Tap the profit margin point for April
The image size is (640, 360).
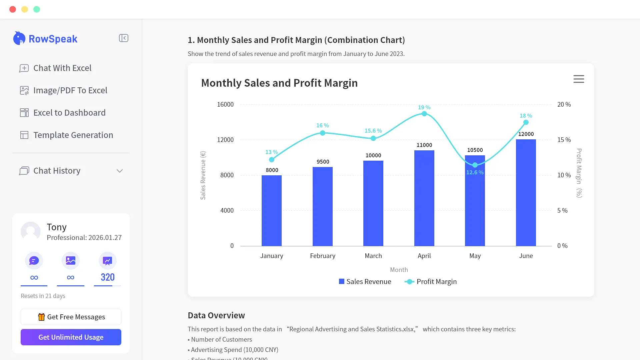[424, 114]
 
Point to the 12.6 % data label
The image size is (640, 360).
[475, 172]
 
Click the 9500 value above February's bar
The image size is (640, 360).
[323, 162]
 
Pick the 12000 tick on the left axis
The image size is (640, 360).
[225, 140]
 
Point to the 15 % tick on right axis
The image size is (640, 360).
[564, 140]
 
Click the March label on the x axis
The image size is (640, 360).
[373, 256]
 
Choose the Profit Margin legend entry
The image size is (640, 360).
[431, 282]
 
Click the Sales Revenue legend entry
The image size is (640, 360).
[365, 282]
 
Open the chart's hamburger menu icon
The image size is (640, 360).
[579, 79]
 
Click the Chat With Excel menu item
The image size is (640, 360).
[62, 68]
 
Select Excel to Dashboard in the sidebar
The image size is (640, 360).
[69, 113]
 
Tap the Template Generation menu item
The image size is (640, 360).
[73, 135]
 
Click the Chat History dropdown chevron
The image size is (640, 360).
[120, 171]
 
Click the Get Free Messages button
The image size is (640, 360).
[71, 317]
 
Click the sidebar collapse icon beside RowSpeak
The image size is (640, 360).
[124, 38]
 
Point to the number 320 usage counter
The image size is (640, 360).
[107, 277]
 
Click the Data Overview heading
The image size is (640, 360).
[216, 315]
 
